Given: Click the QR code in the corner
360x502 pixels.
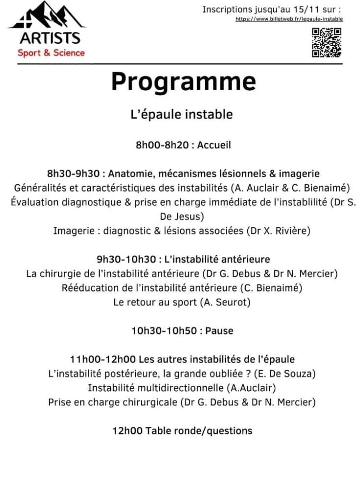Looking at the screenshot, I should [327, 43].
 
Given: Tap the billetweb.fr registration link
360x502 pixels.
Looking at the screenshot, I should [289, 19].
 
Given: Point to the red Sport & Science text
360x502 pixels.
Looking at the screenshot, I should [51, 52].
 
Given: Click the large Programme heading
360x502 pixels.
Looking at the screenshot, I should [183, 81].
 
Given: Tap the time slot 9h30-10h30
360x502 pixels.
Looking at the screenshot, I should [126, 259].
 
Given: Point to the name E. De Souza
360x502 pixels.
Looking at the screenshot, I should [285, 374].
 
